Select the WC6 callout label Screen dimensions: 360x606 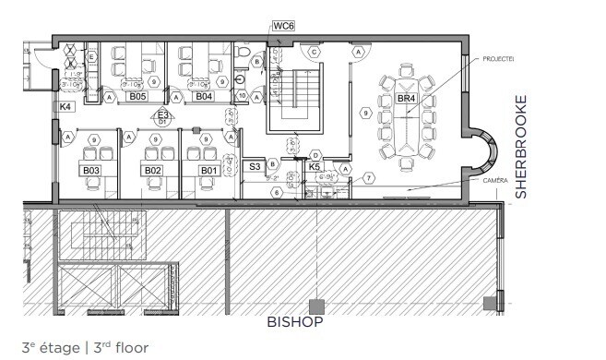point(282,26)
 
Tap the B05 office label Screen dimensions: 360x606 point(138,96)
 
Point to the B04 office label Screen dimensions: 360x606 point(203,96)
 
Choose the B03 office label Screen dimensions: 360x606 point(90,170)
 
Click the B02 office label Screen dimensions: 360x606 point(152,170)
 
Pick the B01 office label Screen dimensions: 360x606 point(208,170)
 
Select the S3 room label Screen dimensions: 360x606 point(255,166)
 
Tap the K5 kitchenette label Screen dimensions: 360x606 point(315,167)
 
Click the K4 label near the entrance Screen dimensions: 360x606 point(65,108)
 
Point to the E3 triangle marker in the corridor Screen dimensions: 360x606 point(162,115)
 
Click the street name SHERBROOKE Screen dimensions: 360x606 point(521,146)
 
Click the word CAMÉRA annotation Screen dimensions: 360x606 point(494,181)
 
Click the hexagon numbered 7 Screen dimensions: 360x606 point(367,177)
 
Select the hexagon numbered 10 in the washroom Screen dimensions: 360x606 point(242,95)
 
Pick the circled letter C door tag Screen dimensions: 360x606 point(315,53)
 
